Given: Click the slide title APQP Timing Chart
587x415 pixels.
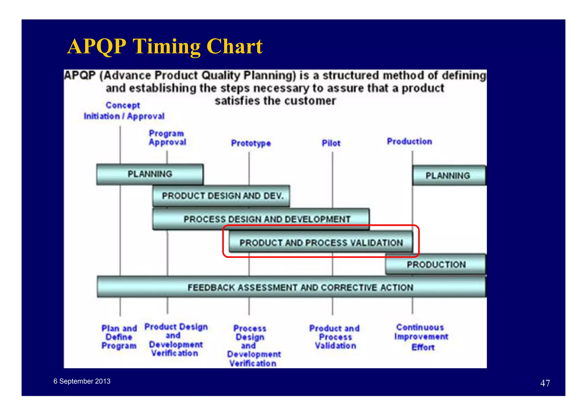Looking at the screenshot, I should (165, 46).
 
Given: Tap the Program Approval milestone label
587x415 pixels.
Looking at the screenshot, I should (167, 138).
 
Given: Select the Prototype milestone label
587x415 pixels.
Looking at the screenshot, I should (251, 143).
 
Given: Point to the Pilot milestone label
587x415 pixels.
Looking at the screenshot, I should (331, 143).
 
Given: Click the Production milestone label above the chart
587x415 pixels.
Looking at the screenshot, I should (409, 141).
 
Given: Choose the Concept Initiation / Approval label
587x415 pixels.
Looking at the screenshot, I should (124, 111).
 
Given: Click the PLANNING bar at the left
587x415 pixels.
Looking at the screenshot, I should (150, 174).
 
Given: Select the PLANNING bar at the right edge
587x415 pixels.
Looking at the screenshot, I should (449, 175).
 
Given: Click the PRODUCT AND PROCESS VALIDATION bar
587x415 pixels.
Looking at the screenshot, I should (321, 243).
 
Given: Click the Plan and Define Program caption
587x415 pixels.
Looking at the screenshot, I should (119, 337).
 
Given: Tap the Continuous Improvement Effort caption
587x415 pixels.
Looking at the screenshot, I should (421, 337).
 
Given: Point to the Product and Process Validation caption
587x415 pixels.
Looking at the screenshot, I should (334, 337).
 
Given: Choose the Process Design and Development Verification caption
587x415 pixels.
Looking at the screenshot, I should (253, 346).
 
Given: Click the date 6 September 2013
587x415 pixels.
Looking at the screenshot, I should (82, 381).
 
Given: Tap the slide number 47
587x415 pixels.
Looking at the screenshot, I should (545, 383).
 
